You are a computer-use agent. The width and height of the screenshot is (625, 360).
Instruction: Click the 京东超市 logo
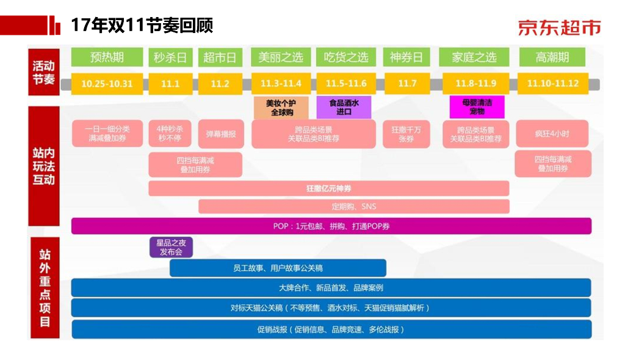click(x=559, y=27)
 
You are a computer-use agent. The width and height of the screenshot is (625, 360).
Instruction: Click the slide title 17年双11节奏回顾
click(x=142, y=26)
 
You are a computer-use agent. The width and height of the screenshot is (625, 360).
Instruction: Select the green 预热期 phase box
click(x=107, y=57)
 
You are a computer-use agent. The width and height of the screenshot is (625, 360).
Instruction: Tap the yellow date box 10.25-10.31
click(x=107, y=84)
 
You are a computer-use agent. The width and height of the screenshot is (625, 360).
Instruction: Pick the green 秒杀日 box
click(x=171, y=57)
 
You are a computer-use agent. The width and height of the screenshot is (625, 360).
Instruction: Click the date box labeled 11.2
click(x=220, y=84)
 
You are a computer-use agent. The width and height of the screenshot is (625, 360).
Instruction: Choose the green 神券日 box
click(x=406, y=57)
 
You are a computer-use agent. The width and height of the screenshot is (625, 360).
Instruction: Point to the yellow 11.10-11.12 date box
click(x=552, y=84)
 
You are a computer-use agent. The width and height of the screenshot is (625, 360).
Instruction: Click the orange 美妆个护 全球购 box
click(x=281, y=108)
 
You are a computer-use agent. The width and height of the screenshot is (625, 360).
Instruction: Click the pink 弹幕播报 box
click(x=220, y=134)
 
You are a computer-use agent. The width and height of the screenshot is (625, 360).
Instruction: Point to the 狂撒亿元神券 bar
click(x=328, y=189)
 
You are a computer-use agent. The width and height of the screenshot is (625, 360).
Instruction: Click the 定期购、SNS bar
click(x=353, y=206)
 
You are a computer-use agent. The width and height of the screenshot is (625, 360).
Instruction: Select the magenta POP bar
click(x=331, y=226)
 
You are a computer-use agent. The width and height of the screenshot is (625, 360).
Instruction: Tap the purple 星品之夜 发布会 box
click(x=171, y=247)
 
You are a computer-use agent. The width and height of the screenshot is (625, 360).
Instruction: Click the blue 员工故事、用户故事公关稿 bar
click(x=278, y=268)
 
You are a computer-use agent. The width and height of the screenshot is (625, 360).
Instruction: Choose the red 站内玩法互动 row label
click(x=44, y=166)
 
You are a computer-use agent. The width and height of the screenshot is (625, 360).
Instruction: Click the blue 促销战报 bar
click(x=331, y=329)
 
